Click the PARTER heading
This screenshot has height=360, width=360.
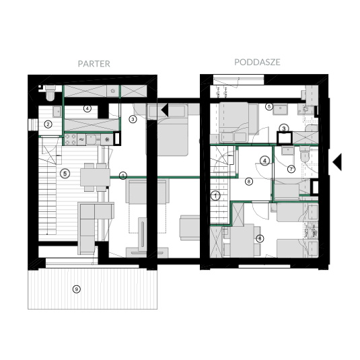(94, 64)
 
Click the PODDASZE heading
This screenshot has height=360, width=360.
(257, 62)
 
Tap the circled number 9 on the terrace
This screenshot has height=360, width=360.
(77, 289)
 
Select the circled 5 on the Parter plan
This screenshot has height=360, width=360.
(65, 174)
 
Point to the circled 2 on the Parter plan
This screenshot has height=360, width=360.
(48, 124)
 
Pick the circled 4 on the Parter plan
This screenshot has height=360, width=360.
(87, 108)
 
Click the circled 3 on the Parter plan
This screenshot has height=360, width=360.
(133, 119)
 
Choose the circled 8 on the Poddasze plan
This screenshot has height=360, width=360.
(249, 182)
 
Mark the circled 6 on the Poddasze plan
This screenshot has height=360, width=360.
(260, 239)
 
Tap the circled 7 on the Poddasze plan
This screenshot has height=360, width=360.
(291, 169)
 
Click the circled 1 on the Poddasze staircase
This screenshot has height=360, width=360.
(215, 196)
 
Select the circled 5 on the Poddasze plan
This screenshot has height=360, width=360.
(269, 106)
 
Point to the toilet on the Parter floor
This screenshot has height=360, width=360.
(50, 93)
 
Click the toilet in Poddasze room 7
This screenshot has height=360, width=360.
(305, 155)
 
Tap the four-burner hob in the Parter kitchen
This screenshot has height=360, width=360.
(70, 139)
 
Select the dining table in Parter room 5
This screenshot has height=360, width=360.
(95, 177)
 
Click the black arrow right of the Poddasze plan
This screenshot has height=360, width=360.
(337, 162)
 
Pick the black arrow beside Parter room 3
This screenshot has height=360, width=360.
(165, 110)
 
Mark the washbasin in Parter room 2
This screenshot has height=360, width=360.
(57, 112)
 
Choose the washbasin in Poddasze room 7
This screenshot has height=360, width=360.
(287, 151)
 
